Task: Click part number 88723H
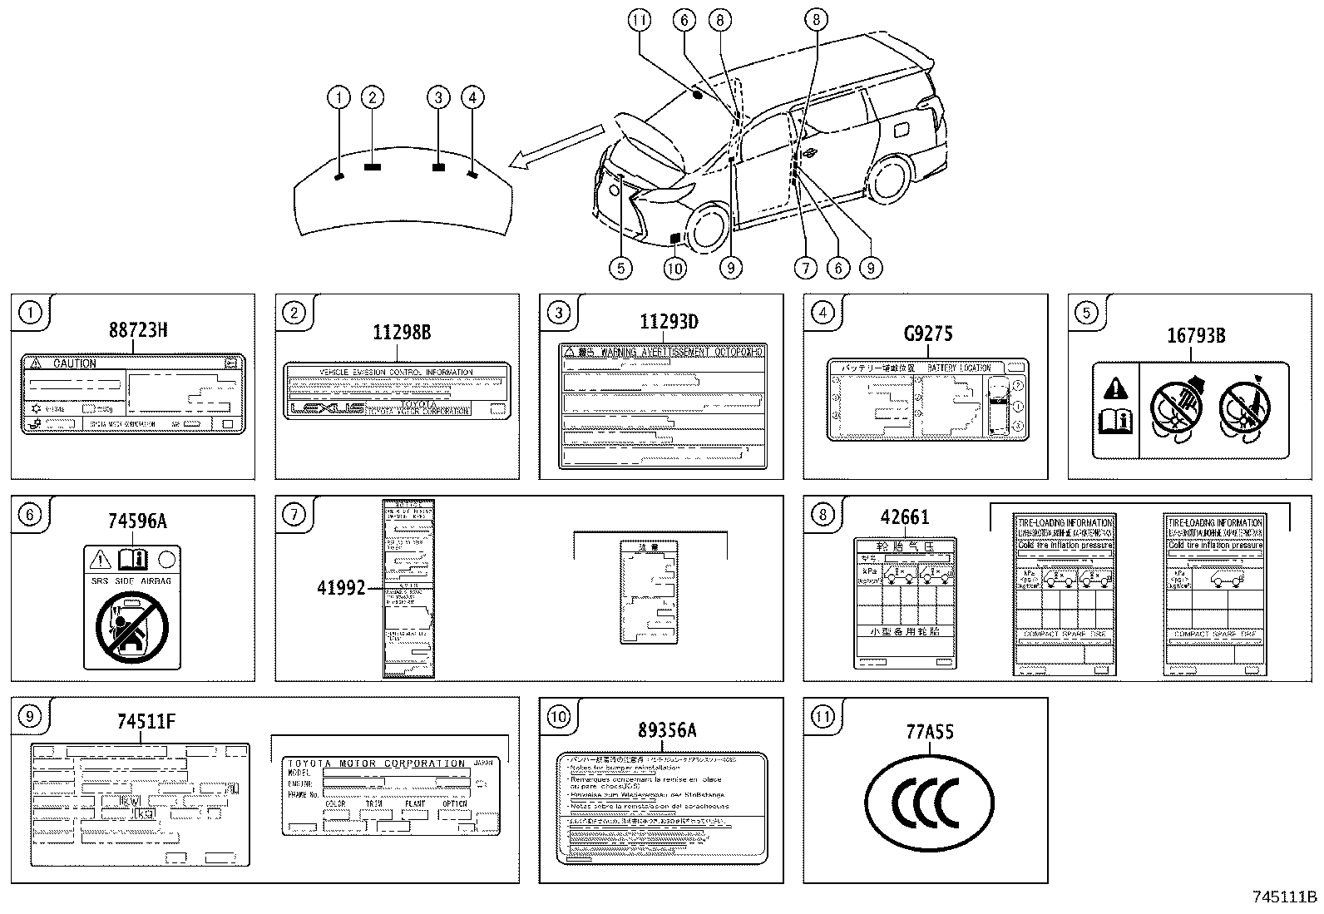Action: pos(138,330)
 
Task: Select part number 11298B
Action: pos(402,333)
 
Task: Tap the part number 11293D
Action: pos(669,321)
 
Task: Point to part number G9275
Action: pos(928,334)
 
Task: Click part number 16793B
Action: pos(1195,336)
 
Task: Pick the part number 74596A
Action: pos(137,521)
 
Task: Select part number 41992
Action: pos(341,588)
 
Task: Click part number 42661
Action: pos(905,517)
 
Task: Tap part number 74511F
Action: pos(140,721)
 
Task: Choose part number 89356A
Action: pos(667,730)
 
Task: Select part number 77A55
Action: pos(929,732)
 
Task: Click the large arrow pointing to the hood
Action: pos(558,145)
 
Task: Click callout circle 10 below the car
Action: pos(674,268)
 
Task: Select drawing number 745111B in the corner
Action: pos(1286,897)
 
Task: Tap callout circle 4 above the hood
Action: pos(472,98)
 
